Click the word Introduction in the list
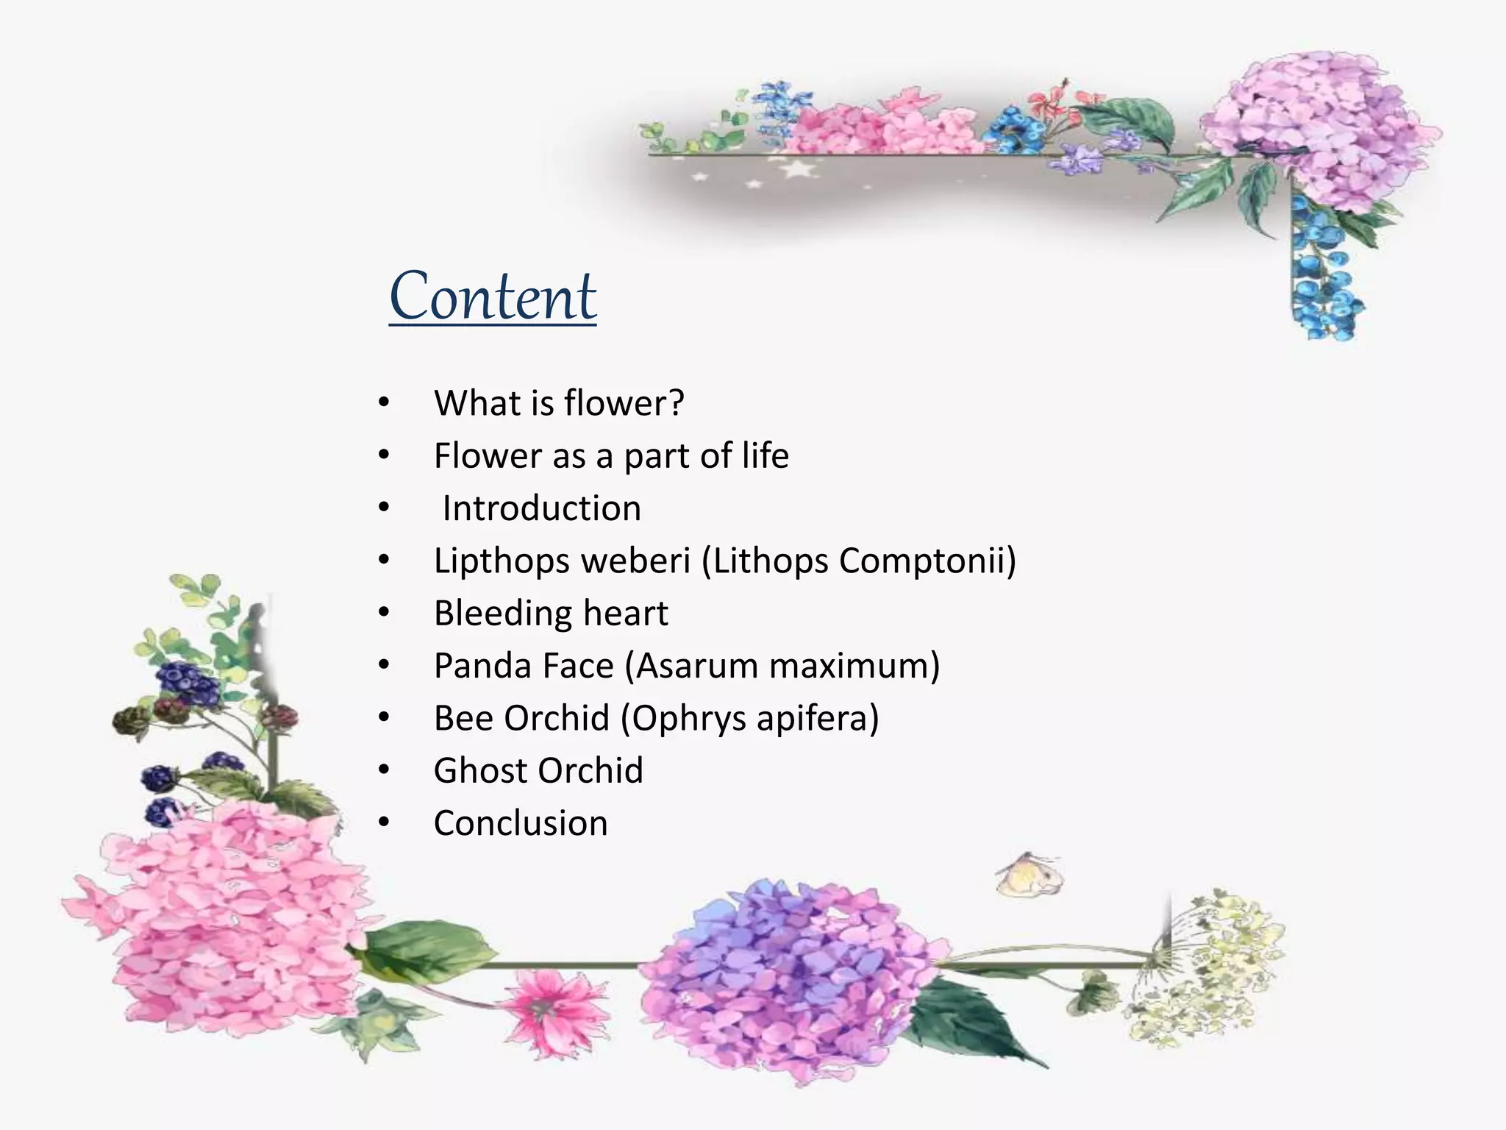pos(541,508)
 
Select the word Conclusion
pos(521,822)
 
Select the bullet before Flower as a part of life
pos(384,456)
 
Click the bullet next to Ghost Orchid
pos(384,770)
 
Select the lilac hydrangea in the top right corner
pos(1316,132)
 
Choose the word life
pos(765,455)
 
